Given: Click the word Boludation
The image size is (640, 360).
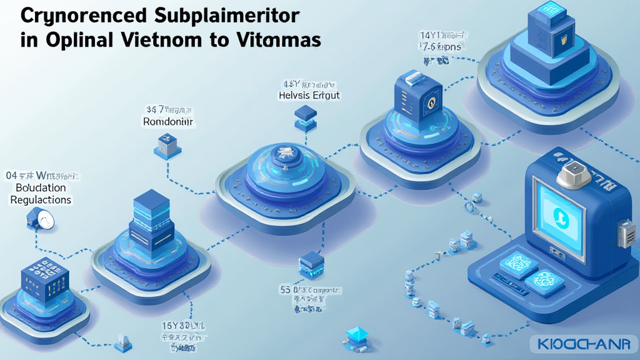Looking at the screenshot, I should tap(41, 187).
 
